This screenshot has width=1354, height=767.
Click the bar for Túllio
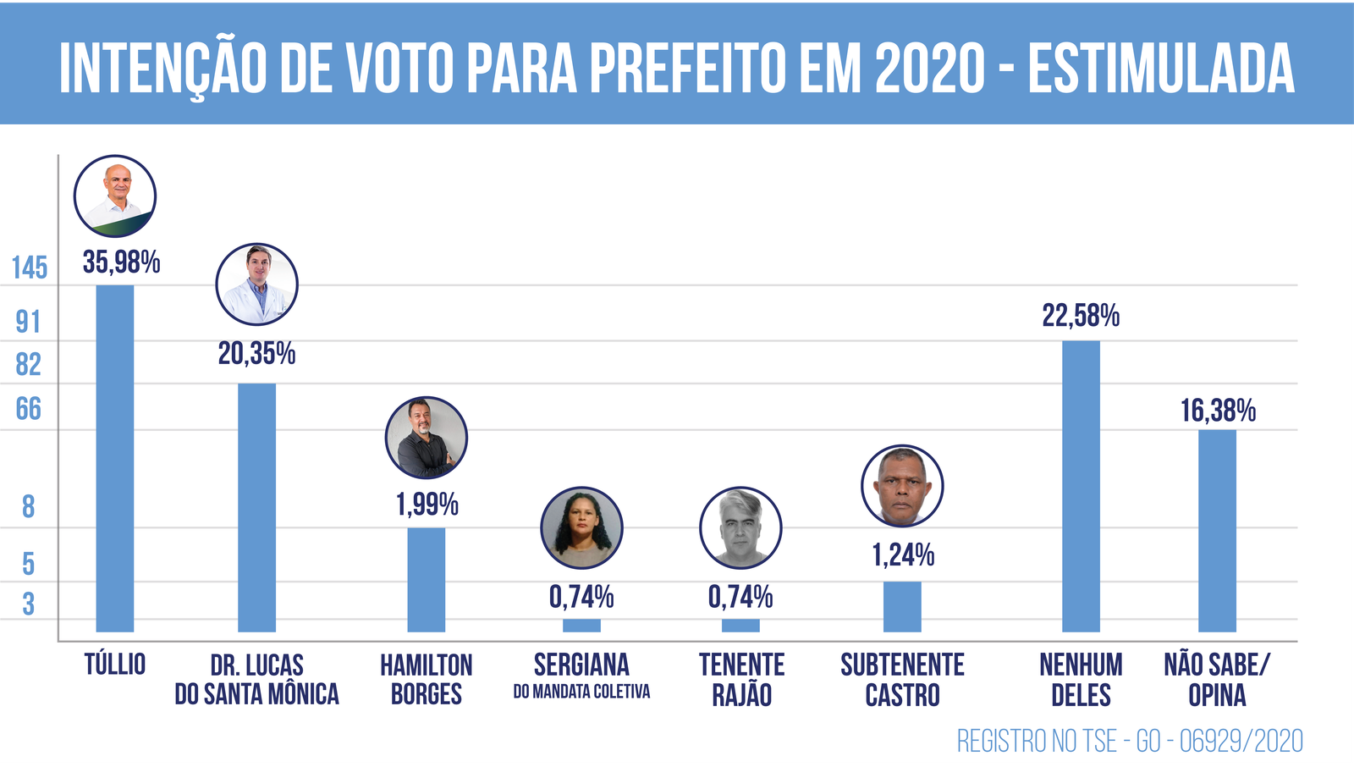tap(115, 458)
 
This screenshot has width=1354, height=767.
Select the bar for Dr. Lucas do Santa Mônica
tap(256, 507)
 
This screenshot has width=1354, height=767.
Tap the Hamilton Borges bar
tap(426, 579)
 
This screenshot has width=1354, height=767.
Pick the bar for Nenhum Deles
tap(1081, 486)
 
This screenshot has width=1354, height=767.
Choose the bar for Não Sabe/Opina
tap(1217, 531)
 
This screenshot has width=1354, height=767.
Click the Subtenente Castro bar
tap(902, 606)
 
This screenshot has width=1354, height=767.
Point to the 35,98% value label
tap(121, 262)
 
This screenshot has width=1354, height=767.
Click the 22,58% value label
tap(1081, 316)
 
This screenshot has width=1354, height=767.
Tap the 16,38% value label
tap(1218, 411)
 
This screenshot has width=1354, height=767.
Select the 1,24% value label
tap(903, 555)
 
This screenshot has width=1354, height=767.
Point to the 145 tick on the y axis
tap(30, 268)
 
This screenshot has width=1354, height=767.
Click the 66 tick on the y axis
tap(29, 410)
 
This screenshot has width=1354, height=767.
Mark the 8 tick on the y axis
tap(29, 507)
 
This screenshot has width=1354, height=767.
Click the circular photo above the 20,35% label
tap(256, 284)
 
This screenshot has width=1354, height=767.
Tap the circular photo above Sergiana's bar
tap(581, 527)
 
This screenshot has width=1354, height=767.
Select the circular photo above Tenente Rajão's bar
tap(740, 527)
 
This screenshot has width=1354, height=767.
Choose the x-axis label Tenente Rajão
tap(741, 679)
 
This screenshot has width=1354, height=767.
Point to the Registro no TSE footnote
tap(1130, 742)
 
